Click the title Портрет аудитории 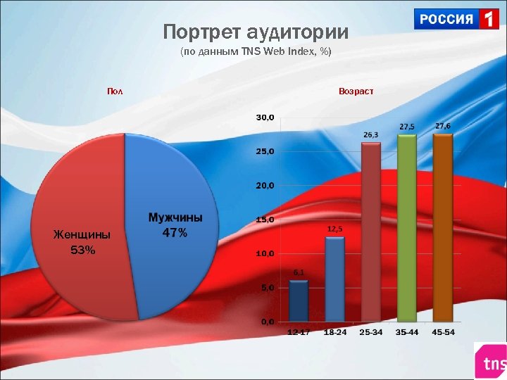tap(256, 32)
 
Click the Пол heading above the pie tap(114, 91)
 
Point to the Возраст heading tap(356, 91)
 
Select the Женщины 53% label tap(82, 243)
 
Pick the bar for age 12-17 tap(299, 301)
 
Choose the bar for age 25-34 tap(371, 232)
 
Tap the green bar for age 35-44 tap(407, 228)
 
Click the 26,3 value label tap(370, 134)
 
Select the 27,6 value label tap(443, 125)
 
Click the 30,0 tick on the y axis tap(265, 117)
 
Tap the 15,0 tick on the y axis tap(265, 220)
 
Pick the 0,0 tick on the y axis tap(268, 322)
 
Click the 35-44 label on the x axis tap(406, 332)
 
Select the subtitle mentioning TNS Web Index tap(255, 53)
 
